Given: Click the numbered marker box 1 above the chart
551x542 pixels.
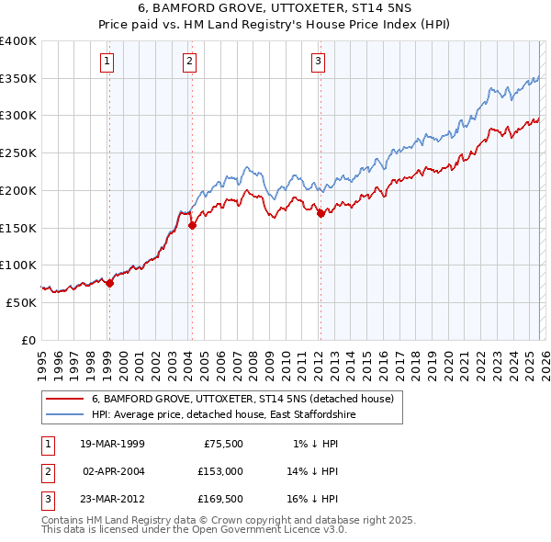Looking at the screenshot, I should coord(107,62).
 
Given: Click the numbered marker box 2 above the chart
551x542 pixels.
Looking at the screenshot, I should coord(189,62).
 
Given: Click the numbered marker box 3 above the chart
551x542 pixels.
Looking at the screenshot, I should coord(318,62).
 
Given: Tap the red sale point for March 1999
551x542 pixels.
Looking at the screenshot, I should coord(109,283).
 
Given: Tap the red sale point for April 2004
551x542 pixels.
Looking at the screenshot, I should coord(192,225).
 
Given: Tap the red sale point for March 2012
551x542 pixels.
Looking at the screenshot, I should coord(320,213).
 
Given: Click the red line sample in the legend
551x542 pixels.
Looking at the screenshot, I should coord(64,399).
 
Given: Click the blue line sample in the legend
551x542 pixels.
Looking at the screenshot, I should coord(64,415).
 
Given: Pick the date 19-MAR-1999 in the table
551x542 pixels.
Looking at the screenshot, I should coord(111,444).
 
